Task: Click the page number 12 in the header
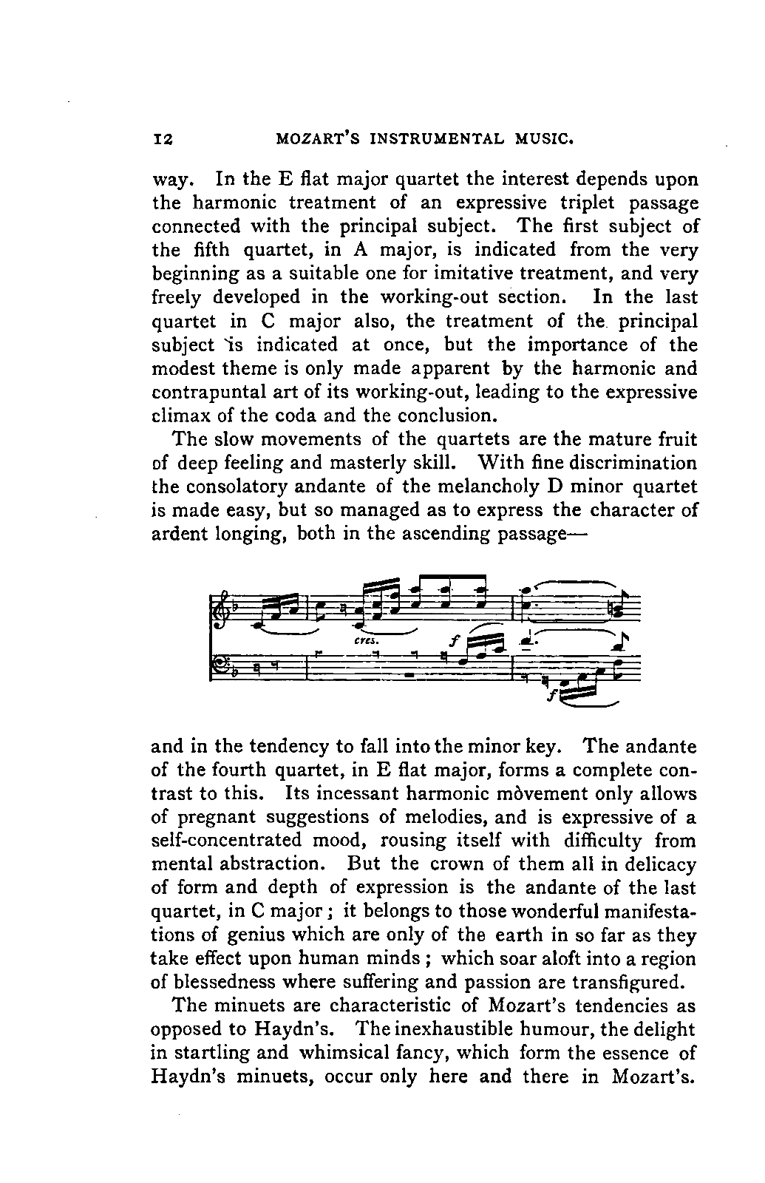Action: pos(162,138)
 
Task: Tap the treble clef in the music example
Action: pos(220,609)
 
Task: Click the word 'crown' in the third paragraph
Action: pos(461,864)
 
